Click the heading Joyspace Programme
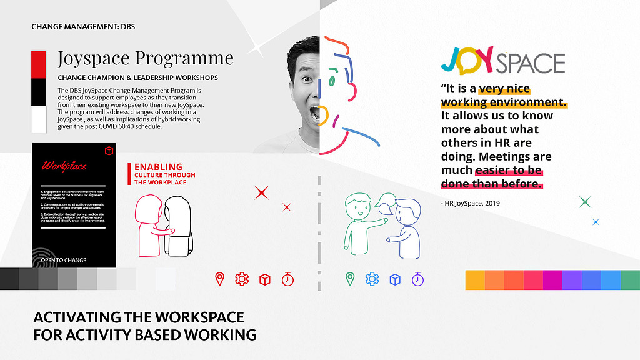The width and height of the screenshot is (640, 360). pos(145,58)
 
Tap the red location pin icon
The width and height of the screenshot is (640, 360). pos(219,279)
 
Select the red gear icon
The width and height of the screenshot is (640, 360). pos(242,279)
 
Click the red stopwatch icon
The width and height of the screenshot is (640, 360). pos(287,279)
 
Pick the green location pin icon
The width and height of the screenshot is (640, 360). pos(350,279)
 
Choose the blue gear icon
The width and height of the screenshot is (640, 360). pos(372,279)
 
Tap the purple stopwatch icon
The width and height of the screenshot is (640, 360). pos(417,279)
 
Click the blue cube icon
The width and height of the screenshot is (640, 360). pos(395,279)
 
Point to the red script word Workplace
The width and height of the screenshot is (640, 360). pos(64,167)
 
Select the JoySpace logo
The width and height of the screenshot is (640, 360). pos(502,61)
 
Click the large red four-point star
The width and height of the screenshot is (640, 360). pos(261,192)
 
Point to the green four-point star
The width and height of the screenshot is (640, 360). pos(585,201)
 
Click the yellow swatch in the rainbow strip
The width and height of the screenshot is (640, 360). pos(475,280)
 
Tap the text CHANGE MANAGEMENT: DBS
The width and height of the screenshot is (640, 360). pos(83,27)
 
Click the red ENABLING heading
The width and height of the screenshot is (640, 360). pos(159,167)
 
